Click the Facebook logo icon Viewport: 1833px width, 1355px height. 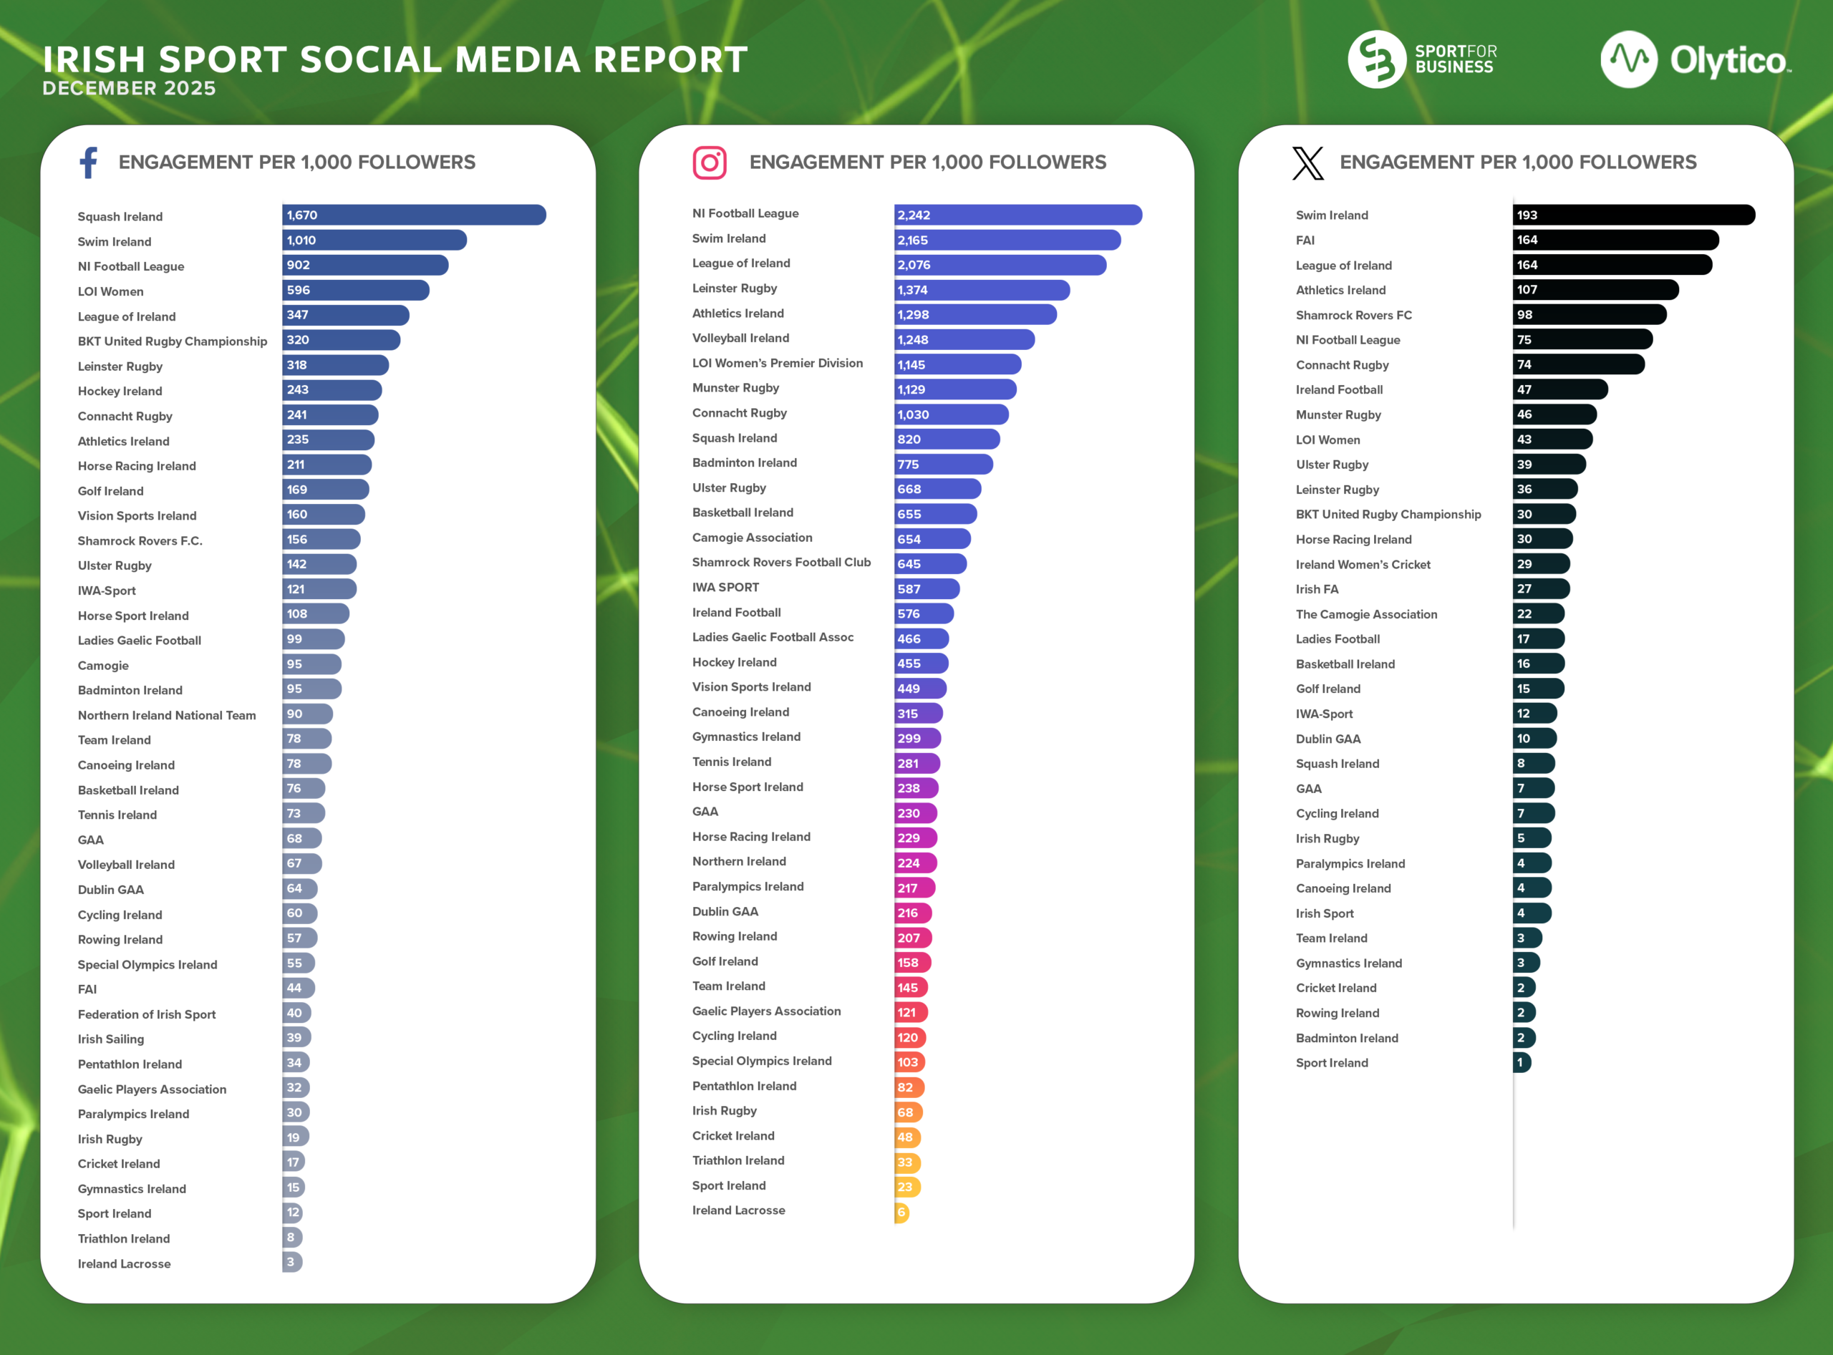coord(89,162)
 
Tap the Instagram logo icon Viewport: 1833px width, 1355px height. coord(709,162)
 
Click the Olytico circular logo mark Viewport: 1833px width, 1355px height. coord(1628,59)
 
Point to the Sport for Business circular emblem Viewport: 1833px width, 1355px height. coord(1376,59)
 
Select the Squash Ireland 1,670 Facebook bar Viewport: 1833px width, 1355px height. coord(414,215)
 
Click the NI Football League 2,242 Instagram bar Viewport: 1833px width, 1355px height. coord(1017,215)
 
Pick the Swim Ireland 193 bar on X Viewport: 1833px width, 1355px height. coord(1633,215)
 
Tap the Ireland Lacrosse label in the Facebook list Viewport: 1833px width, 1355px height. coord(124,1264)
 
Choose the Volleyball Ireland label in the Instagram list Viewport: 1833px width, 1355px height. coord(740,338)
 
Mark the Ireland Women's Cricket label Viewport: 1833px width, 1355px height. coord(1362,564)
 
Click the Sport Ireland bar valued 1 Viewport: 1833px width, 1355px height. coord(1522,1062)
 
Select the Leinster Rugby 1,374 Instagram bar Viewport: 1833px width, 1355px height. coord(982,289)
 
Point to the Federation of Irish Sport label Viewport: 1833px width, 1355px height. coord(146,1014)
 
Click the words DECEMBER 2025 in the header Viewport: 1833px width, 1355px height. coord(129,89)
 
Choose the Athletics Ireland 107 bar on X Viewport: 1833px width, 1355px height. coord(1595,289)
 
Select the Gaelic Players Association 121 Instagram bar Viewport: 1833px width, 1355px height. coord(910,1012)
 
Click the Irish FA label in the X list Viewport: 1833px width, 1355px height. coord(1316,589)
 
